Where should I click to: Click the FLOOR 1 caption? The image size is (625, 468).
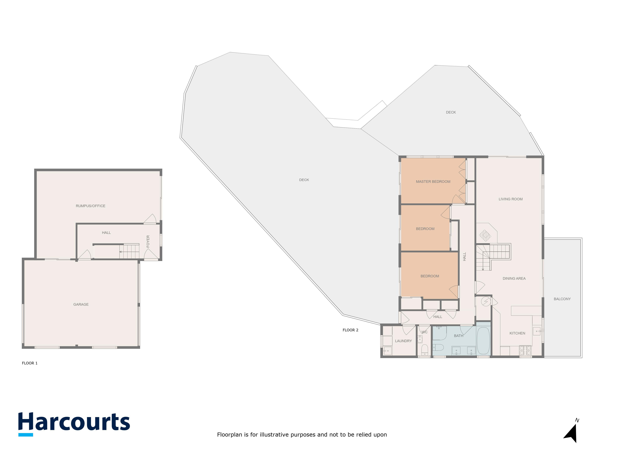click(30, 363)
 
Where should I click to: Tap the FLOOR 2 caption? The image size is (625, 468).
click(350, 330)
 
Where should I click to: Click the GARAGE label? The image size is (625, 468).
click(81, 304)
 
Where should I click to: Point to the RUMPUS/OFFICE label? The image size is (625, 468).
click(90, 206)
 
